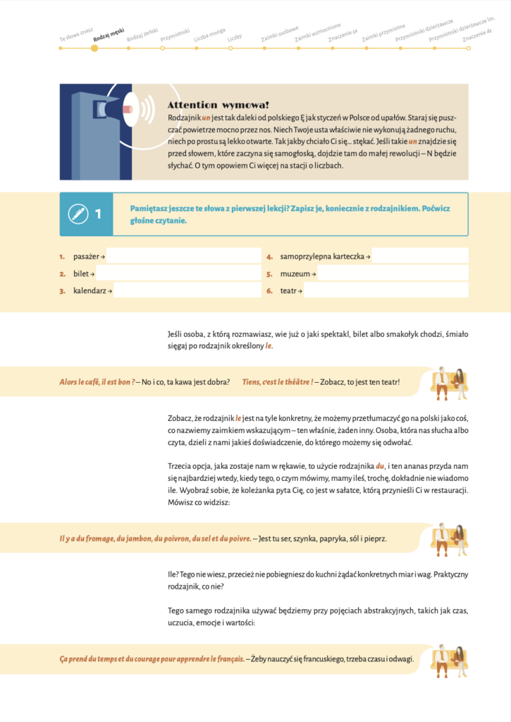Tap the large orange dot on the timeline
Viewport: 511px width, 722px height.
[94, 49]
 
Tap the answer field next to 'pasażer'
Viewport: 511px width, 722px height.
[184, 257]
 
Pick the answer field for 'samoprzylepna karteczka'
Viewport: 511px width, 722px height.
[420, 257]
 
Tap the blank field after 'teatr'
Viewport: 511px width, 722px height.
[386, 290]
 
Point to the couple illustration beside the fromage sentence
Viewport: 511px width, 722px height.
[449, 538]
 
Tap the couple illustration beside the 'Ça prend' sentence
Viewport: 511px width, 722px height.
[449, 658]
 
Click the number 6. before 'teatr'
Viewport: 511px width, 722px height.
[269, 290]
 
